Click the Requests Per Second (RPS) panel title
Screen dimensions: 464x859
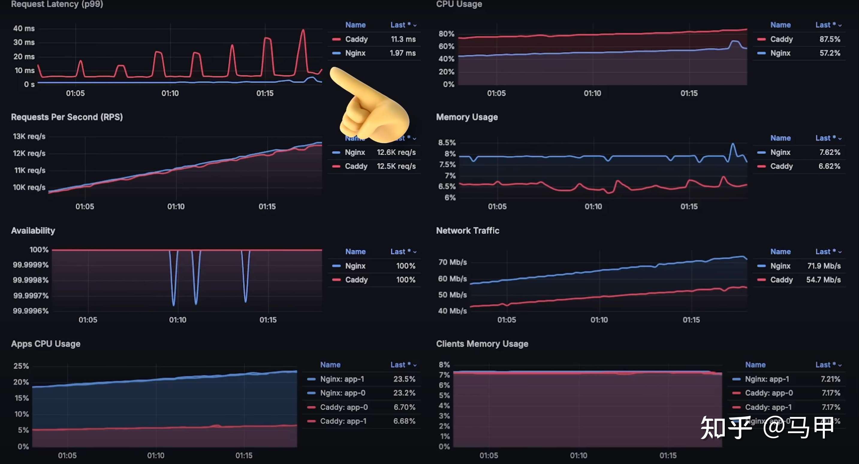[x=67, y=117]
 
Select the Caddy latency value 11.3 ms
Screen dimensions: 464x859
[x=403, y=39]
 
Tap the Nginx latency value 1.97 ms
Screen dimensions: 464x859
[x=403, y=53]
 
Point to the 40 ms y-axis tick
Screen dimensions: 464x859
[x=24, y=29]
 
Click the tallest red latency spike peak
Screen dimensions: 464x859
[x=303, y=30]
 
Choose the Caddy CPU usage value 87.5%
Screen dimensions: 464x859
[x=830, y=39]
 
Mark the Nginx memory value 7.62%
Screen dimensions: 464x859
[x=830, y=153]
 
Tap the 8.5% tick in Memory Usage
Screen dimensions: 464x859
[x=447, y=143]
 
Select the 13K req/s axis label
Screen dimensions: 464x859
[x=29, y=136]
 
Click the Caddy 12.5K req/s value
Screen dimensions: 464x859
[x=396, y=166]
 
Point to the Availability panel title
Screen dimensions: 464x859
[x=33, y=231]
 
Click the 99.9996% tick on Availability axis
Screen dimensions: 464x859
[x=31, y=311]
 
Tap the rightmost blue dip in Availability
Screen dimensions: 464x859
[x=246, y=300]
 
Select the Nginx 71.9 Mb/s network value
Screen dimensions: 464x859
[x=824, y=266]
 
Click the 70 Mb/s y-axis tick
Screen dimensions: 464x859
[x=452, y=262]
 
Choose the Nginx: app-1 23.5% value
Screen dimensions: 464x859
[x=404, y=379]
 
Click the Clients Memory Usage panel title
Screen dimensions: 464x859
[x=482, y=344]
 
